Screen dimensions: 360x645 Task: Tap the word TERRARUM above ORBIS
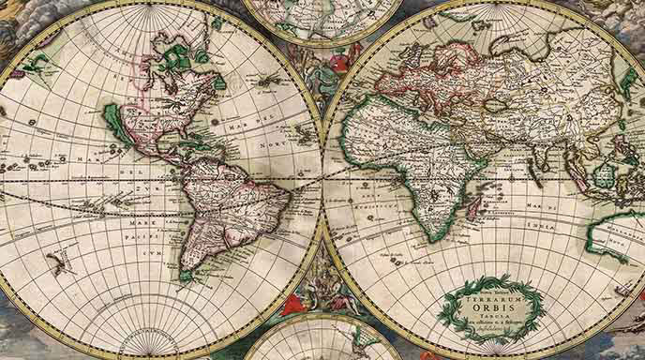click(490, 286)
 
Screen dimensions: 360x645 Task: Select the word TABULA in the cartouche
click(490, 314)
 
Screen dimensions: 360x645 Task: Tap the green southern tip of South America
click(188, 276)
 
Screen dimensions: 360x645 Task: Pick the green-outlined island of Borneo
click(605, 174)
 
